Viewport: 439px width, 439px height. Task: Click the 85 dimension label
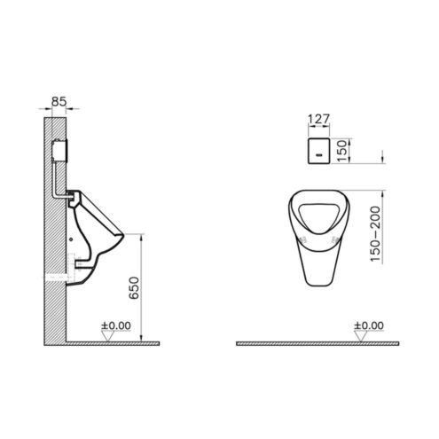[59, 102]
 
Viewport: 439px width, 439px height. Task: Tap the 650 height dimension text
[134, 287]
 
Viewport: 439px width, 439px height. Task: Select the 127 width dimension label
[318, 119]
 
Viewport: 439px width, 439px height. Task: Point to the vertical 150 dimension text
[341, 151]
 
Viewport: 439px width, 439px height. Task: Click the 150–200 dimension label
[374, 233]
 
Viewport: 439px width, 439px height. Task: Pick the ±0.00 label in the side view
[116, 325]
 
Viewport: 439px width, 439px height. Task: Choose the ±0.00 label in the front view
[369, 325]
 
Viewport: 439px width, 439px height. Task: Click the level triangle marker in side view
[107, 336]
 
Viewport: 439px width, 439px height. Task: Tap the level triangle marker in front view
[360, 336]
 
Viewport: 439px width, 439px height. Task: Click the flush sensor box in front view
[318, 151]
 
